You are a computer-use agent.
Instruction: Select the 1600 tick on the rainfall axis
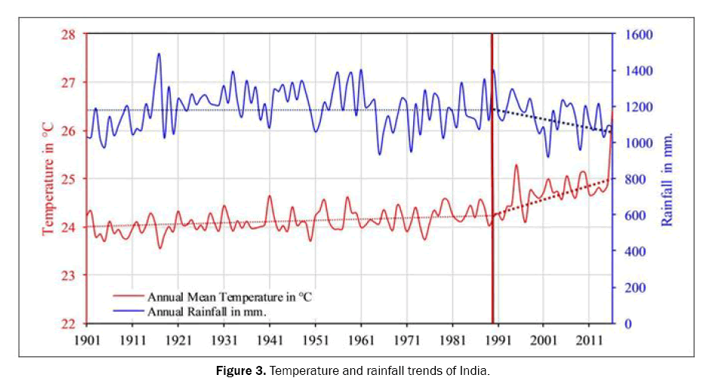[x=637, y=35]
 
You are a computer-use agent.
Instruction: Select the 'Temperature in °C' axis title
[x=48, y=179]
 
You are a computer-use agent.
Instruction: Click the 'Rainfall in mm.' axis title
[x=668, y=180]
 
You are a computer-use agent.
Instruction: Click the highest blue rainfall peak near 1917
[x=159, y=54]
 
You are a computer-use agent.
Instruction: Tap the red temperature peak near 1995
[x=517, y=164]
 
